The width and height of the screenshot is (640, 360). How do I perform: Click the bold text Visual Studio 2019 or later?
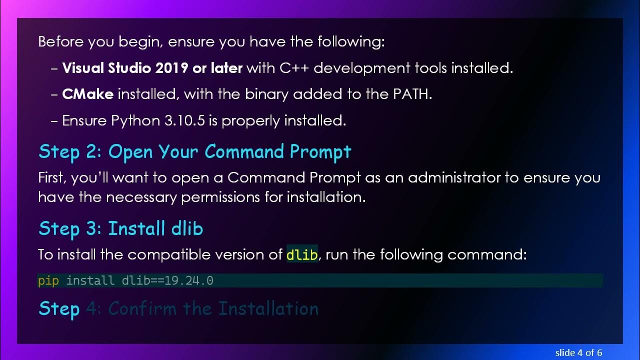coord(152,68)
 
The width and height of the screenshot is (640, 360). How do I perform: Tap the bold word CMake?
coord(87,94)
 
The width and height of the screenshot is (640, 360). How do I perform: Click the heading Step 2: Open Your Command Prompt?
coord(195,151)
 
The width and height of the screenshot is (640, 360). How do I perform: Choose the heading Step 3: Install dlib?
coord(120,228)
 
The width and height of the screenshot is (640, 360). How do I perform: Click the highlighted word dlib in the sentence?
coord(302,255)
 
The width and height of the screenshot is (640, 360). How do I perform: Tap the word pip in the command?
coord(48,280)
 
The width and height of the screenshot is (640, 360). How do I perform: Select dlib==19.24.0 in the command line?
coord(167,280)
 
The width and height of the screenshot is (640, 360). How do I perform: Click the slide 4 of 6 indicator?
coord(578,352)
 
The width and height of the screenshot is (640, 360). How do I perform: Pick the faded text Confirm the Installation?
coord(213,308)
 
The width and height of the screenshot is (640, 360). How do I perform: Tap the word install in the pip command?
coord(90,280)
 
